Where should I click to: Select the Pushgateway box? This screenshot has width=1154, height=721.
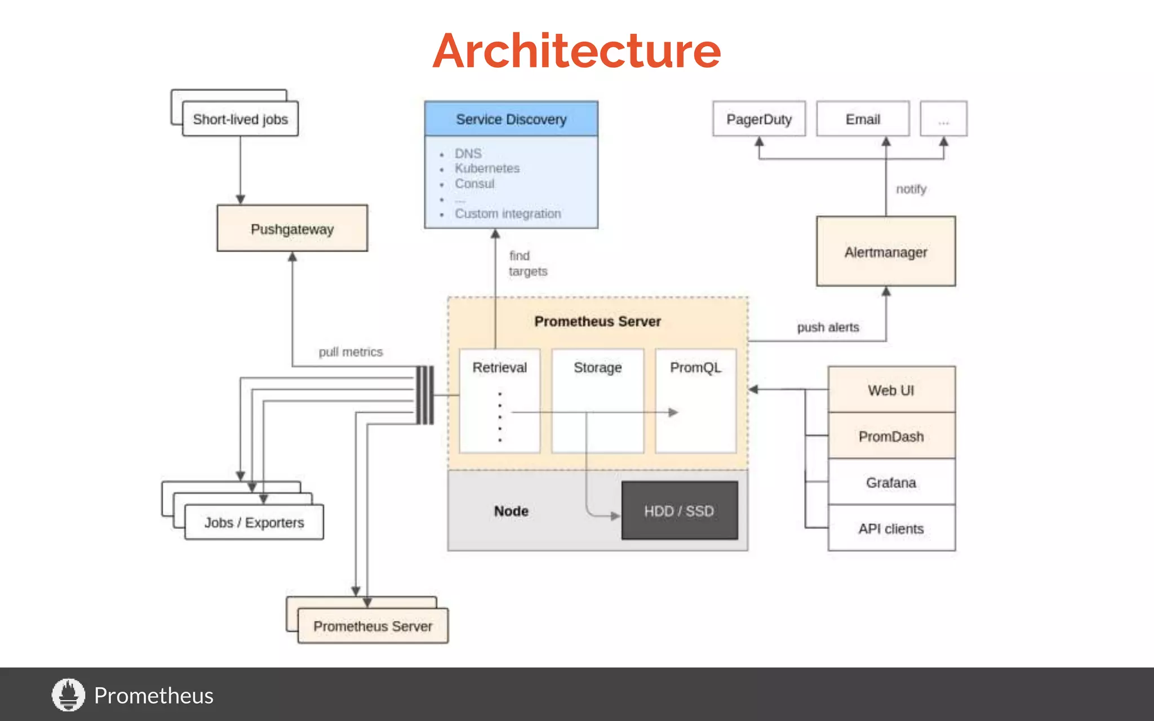coord(292,229)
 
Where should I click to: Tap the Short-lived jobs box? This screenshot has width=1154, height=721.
coord(241,119)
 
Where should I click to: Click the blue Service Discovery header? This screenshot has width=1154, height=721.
coord(511,119)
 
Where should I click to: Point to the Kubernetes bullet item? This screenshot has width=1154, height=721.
coord(487,168)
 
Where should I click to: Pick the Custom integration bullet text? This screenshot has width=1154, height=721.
coord(508,214)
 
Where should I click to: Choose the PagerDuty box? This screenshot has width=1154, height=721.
coord(758,119)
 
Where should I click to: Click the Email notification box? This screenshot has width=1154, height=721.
coord(863,119)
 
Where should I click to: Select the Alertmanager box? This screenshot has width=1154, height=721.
coord(885,252)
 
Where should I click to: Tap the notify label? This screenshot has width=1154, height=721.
coord(911,189)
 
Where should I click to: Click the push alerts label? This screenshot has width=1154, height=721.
coord(828,327)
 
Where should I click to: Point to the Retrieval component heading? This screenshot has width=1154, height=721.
coord(499,367)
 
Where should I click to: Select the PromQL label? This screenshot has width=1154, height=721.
coord(695,367)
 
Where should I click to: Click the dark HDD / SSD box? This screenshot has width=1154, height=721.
coord(679,511)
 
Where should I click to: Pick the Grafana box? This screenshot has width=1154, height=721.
coord(891,483)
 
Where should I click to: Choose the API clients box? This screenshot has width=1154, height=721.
coord(891,528)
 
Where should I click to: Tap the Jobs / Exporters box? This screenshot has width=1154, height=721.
coord(254,523)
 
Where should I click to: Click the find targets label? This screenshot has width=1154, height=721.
coord(527,264)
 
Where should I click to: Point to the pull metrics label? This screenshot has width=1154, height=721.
coord(350,352)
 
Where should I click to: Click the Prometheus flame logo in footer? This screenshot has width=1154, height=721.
coord(68,695)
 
